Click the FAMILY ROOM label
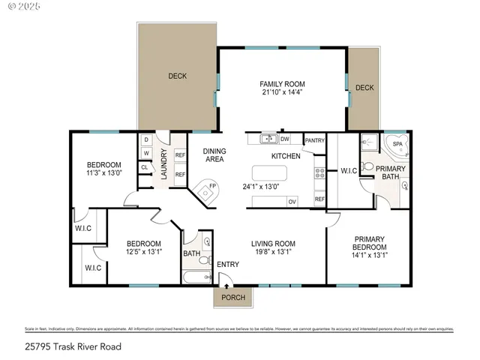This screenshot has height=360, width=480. [x=283, y=83]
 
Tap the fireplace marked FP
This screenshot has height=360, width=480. [x=203, y=190]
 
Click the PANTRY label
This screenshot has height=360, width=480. [x=315, y=140]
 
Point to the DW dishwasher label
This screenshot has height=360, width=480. [x=285, y=139]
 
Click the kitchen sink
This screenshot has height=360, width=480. [x=268, y=139]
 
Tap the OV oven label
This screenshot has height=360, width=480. [x=292, y=201]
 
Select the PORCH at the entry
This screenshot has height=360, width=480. [x=233, y=298]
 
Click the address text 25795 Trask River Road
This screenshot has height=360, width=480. [x=73, y=346]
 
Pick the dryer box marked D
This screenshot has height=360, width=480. [x=145, y=140]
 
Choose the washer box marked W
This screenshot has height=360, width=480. [x=145, y=154]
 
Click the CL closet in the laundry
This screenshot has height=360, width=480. [x=145, y=166]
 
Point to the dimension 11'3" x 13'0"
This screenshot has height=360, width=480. [x=103, y=174]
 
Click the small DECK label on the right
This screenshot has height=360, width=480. [x=364, y=88]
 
